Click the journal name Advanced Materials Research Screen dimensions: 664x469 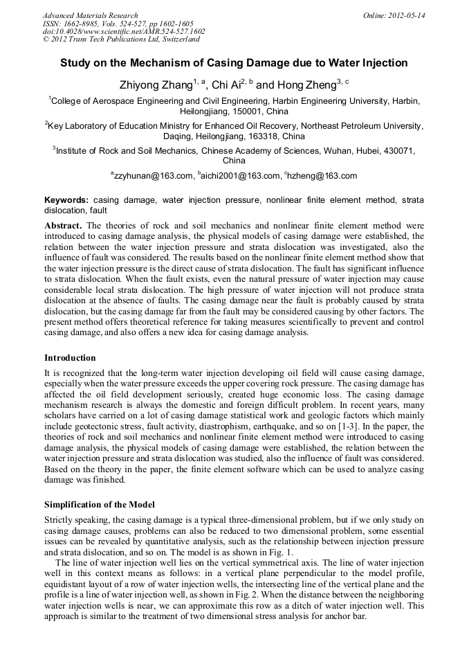(x=90, y=15)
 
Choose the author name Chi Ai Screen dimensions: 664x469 (x=226, y=85)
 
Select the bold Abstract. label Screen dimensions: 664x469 (x=64, y=226)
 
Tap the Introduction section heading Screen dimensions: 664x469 (x=70, y=358)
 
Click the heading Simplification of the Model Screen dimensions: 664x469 (x=100, y=504)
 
